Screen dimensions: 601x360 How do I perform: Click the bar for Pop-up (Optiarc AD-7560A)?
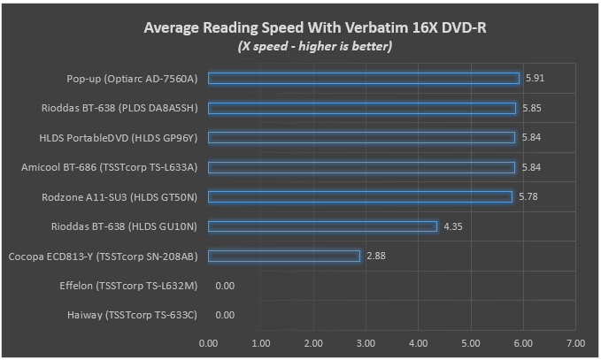(364, 78)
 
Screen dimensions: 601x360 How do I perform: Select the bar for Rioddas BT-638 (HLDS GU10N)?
(323, 226)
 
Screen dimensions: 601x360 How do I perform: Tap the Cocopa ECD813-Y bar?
(284, 256)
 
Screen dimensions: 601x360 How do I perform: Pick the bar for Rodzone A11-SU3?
(360, 197)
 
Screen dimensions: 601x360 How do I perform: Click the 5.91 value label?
(535, 78)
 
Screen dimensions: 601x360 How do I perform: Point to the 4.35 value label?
(453, 226)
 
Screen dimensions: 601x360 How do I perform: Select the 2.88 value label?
(376, 256)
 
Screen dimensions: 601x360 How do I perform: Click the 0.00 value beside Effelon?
(225, 286)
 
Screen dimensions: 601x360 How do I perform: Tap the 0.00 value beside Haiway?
(225, 315)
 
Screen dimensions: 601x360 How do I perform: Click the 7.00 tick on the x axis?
(575, 343)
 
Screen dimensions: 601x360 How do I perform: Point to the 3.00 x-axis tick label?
(366, 343)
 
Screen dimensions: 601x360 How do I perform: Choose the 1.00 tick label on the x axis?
(260, 343)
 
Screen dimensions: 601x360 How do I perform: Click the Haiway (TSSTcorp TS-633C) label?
(132, 315)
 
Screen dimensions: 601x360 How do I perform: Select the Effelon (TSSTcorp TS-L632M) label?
(128, 286)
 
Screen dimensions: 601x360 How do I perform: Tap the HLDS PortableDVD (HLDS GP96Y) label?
(119, 137)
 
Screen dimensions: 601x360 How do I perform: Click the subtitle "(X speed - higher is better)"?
(315, 46)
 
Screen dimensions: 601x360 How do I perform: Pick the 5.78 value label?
(528, 197)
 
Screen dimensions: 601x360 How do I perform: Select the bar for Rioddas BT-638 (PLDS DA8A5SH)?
(362, 108)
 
